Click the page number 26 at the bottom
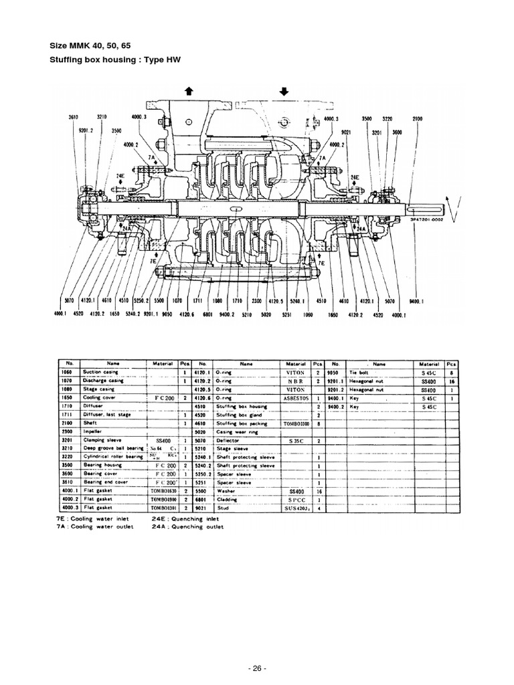pos(257,668)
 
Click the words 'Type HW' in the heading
pos(163,60)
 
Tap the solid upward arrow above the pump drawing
pos(189,91)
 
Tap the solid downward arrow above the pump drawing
pos(284,91)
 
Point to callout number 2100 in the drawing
pos(418,118)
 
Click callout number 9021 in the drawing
pos(346,132)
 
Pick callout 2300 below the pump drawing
pos(256,302)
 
